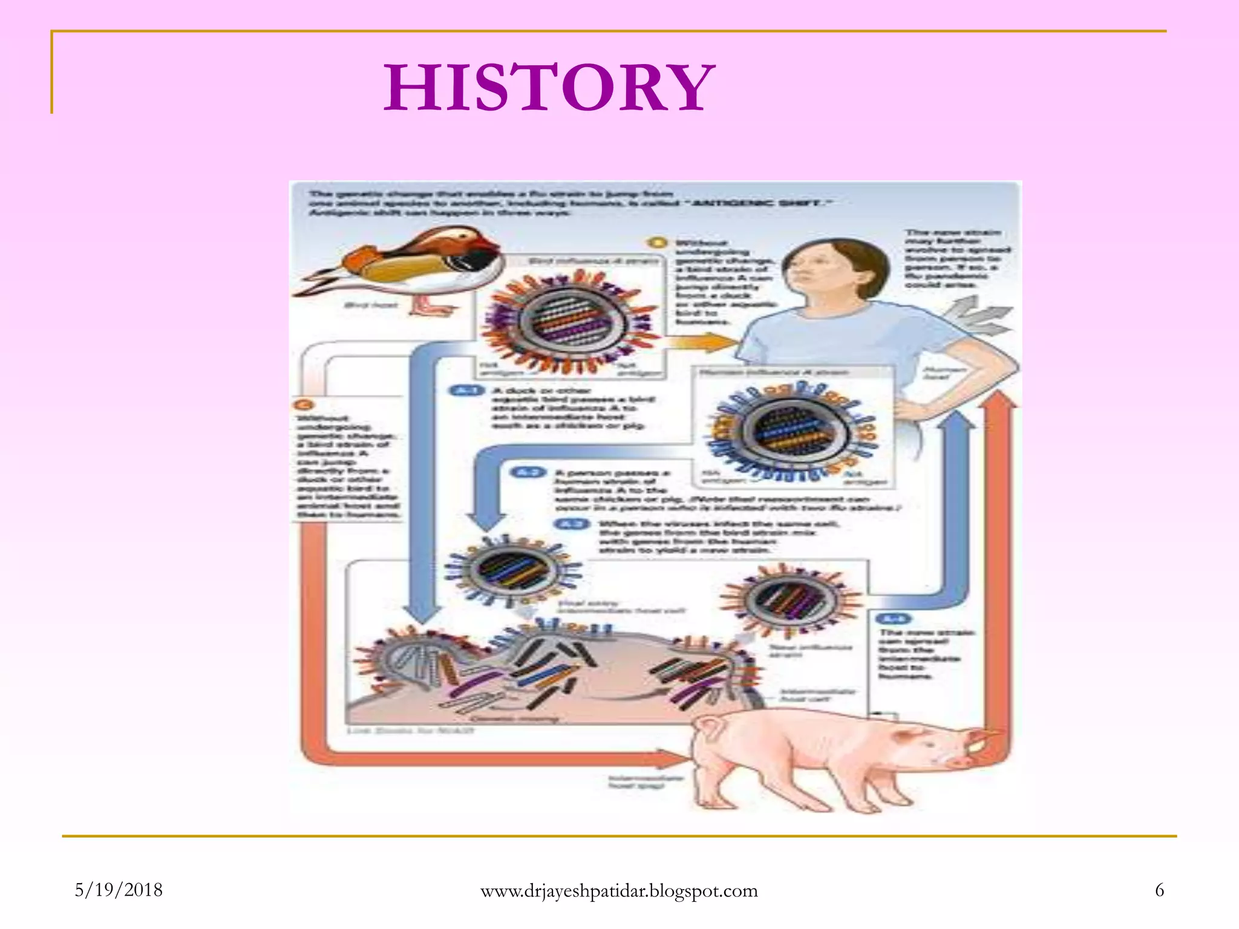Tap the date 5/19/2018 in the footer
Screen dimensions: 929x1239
click(x=119, y=890)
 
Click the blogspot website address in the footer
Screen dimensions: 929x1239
click(x=619, y=891)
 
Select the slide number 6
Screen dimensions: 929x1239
click(x=1159, y=890)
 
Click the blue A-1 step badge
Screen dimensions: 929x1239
click(x=466, y=391)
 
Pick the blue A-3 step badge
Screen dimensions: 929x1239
click(x=572, y=523)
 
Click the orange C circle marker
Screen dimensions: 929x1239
click(x=304, y=405)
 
